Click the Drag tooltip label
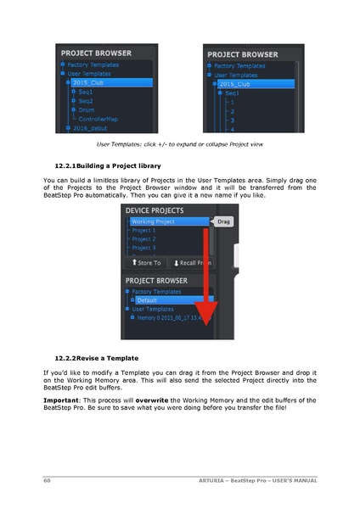click(222, 221)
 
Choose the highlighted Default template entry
click(152, 299)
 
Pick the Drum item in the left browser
click(87, 109)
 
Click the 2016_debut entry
click(91, 128)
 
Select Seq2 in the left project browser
click(86, 101)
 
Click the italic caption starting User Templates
click(179, 144)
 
